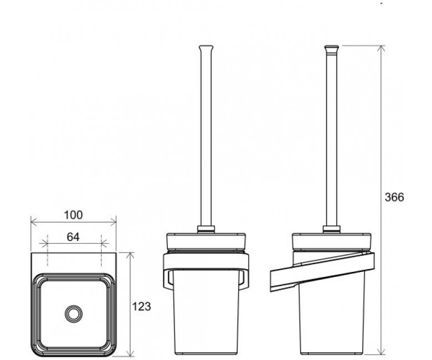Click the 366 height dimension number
click(394, 197)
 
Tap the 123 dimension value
click(142, 306)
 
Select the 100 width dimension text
click(73, 215)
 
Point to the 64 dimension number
click(73, 237)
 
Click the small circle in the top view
click(74, 313)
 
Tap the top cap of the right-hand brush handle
click(332, 49)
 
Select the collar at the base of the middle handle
click(206, 229)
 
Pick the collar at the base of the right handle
click(332, 229)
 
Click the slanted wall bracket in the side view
click(322, 272)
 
